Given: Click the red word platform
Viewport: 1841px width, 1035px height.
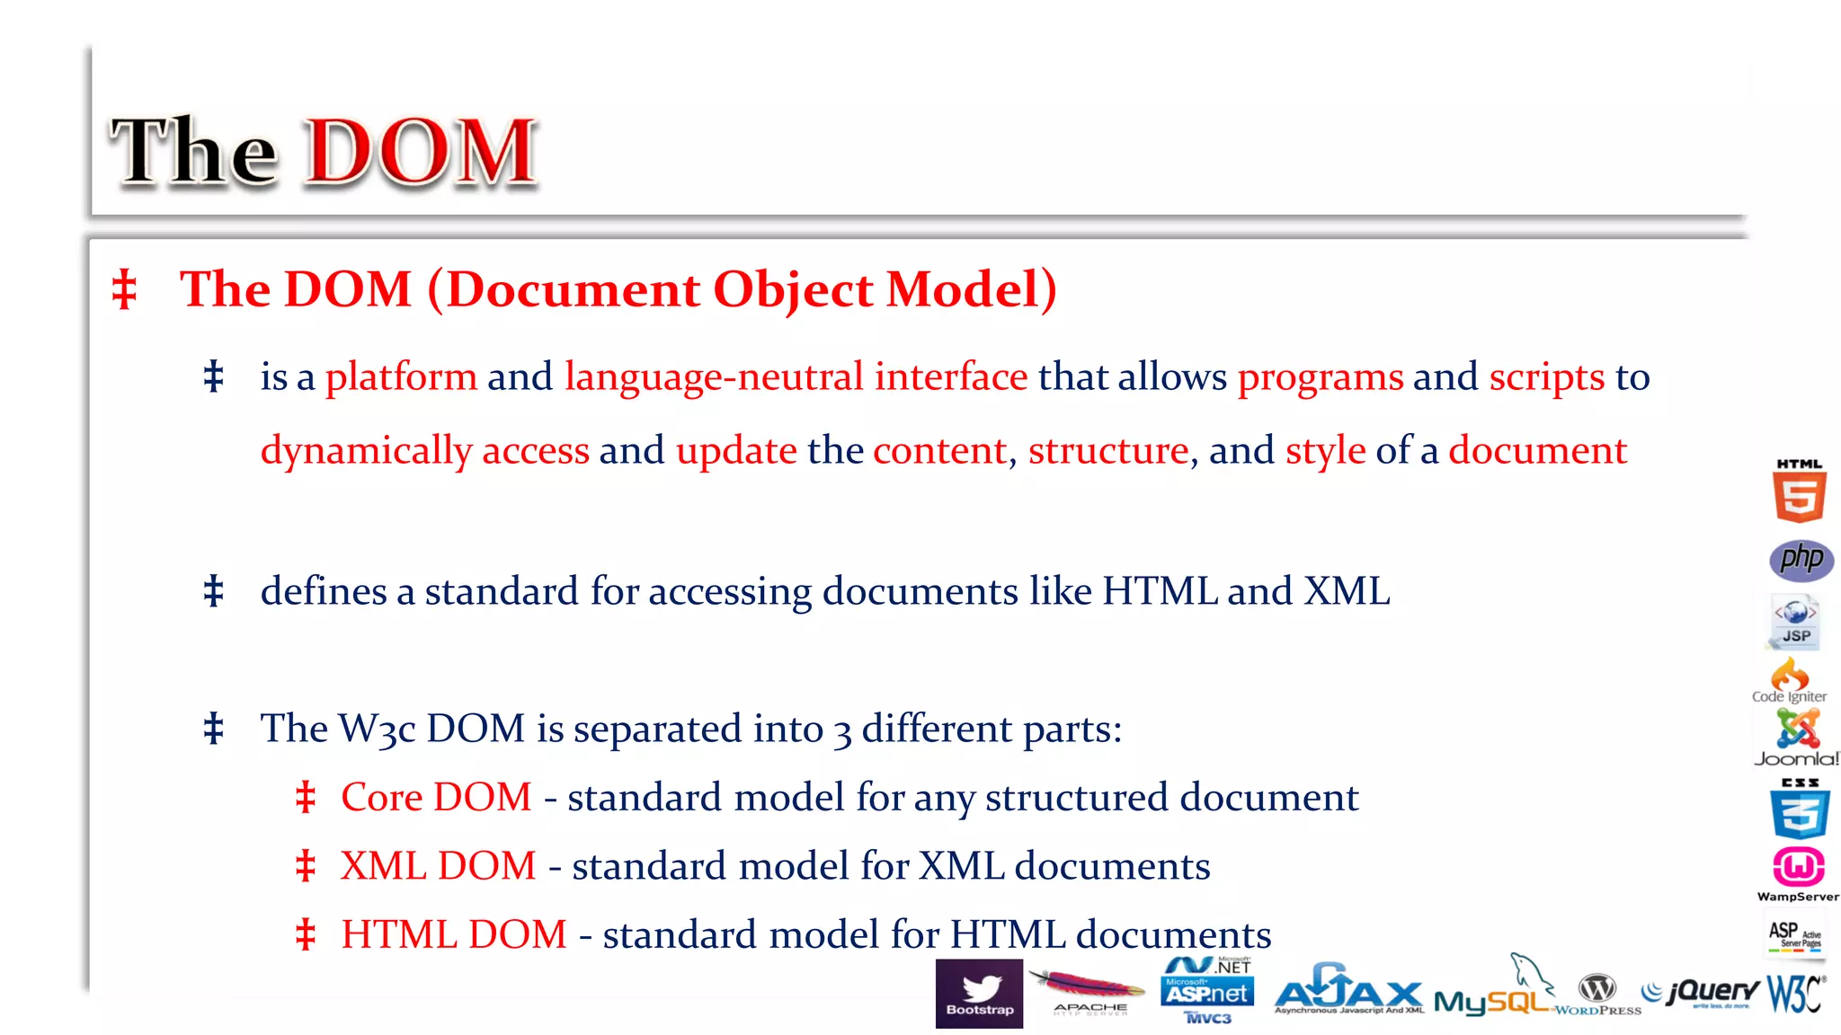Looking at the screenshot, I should [x=401, y=377].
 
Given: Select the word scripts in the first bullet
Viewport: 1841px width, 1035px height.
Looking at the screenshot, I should [x=1546, y=377].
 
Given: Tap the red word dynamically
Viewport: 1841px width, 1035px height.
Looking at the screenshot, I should [x=366, y=451].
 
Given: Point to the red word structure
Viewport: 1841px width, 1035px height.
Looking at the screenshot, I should [x=1107, y=451].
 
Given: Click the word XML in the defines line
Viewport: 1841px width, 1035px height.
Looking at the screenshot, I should [x=1347, y=591].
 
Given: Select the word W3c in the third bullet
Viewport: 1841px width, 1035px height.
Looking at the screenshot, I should [x=377, y=730].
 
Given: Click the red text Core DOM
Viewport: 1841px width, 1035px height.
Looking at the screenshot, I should [x=436, y=798].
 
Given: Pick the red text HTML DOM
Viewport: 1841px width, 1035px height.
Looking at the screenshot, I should [x=454, y=935].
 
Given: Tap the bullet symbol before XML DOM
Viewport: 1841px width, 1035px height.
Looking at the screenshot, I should [x=306, y=866].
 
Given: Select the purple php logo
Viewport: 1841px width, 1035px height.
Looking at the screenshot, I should [x=1801, y=560].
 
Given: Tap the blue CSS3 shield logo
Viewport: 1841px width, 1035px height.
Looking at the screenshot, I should [x=1800, y=810].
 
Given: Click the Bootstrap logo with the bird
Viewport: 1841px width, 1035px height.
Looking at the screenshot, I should [x=979, y=993].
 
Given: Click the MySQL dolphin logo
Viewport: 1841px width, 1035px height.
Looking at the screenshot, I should [x=1494, y=993].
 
